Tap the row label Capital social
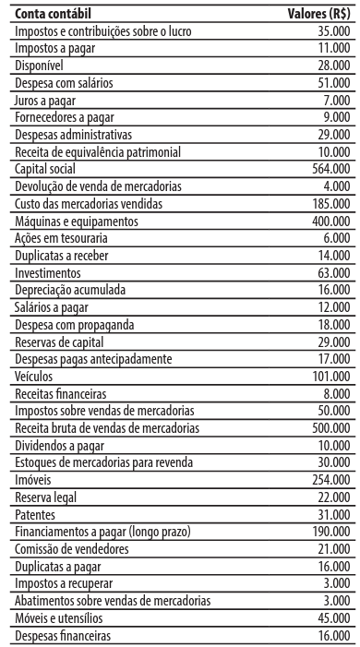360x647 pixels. [45, 169]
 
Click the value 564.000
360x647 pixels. [330, 169]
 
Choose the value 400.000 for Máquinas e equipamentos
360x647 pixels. [330, 222]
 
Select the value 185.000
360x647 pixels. [330, 204]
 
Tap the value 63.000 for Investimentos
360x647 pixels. [332, 273]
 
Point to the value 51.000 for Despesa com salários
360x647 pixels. [332, 82]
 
